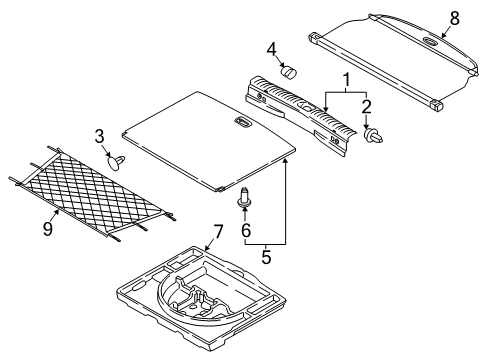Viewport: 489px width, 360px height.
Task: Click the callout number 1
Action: coord(347,80)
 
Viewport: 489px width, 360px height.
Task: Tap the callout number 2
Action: coord(366,107)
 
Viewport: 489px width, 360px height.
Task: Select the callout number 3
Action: coord(99,137)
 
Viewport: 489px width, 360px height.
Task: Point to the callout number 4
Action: coord(272,50)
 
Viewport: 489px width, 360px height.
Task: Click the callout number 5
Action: coord(266,257)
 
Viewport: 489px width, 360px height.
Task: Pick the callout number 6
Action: coord(246,230)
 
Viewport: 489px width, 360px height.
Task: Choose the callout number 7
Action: coord(217,232)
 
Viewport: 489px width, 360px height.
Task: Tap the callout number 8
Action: coord(454,18)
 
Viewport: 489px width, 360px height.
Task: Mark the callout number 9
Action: coord(48,229)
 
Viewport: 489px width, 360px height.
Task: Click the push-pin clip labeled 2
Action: coord(372,136)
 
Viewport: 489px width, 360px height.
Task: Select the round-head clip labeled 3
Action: coord(117,162)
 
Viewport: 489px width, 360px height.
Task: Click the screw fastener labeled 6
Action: coord(244,198)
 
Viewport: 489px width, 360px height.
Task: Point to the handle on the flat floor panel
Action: coord(243,122)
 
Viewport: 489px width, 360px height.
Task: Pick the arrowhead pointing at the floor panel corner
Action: coord(285,162)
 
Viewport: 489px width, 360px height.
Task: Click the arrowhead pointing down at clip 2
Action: coord(366,127)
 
